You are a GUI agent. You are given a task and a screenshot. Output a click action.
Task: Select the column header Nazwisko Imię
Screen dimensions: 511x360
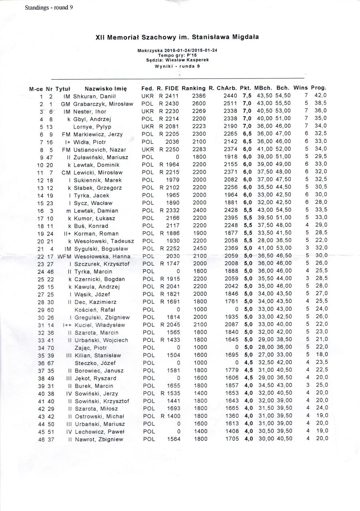[106, 88]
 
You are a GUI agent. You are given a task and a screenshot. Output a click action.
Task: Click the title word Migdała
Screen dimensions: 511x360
[245, 37]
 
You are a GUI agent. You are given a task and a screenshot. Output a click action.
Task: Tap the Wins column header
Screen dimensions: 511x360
[301, 88]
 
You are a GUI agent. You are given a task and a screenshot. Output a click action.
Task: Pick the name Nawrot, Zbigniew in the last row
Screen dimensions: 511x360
[98, 439]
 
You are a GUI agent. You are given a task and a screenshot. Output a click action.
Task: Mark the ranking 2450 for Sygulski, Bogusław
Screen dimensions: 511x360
[200, 248]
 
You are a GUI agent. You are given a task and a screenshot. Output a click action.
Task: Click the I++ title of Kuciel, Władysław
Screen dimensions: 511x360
[67, 325]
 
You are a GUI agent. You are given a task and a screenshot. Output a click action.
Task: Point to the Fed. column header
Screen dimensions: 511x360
[148, 88]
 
